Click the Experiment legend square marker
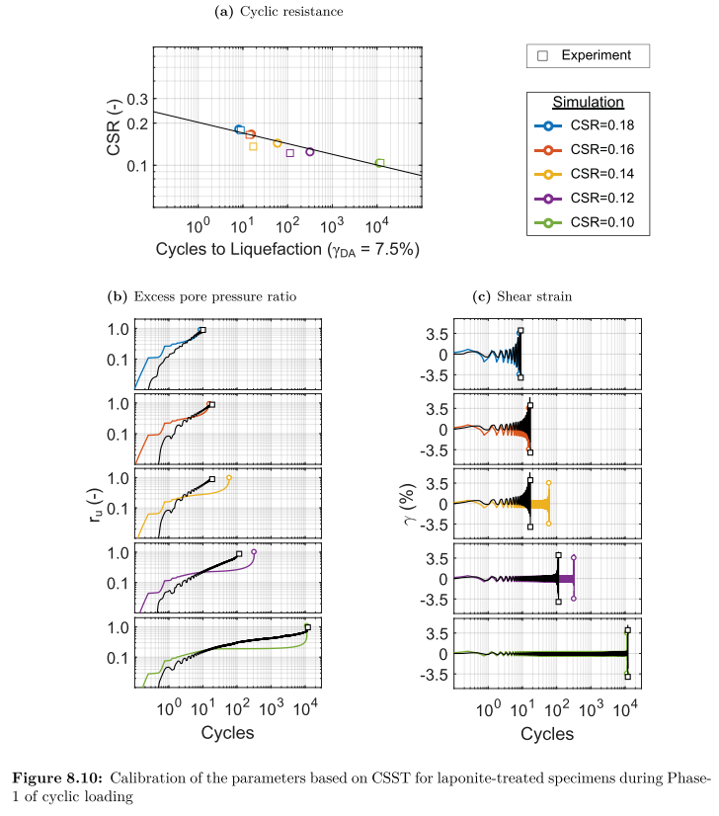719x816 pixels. [542, 56]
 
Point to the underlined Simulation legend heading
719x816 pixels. [588, 102]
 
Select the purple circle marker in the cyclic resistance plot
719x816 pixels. [310, 151]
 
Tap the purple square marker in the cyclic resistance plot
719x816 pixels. [289, 153]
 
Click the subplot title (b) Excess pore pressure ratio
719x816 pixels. [201, 295]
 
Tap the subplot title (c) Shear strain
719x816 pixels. [510, 295]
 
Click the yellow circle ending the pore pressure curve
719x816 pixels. [229, 478]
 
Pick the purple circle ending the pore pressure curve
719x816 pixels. [254, 551]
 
